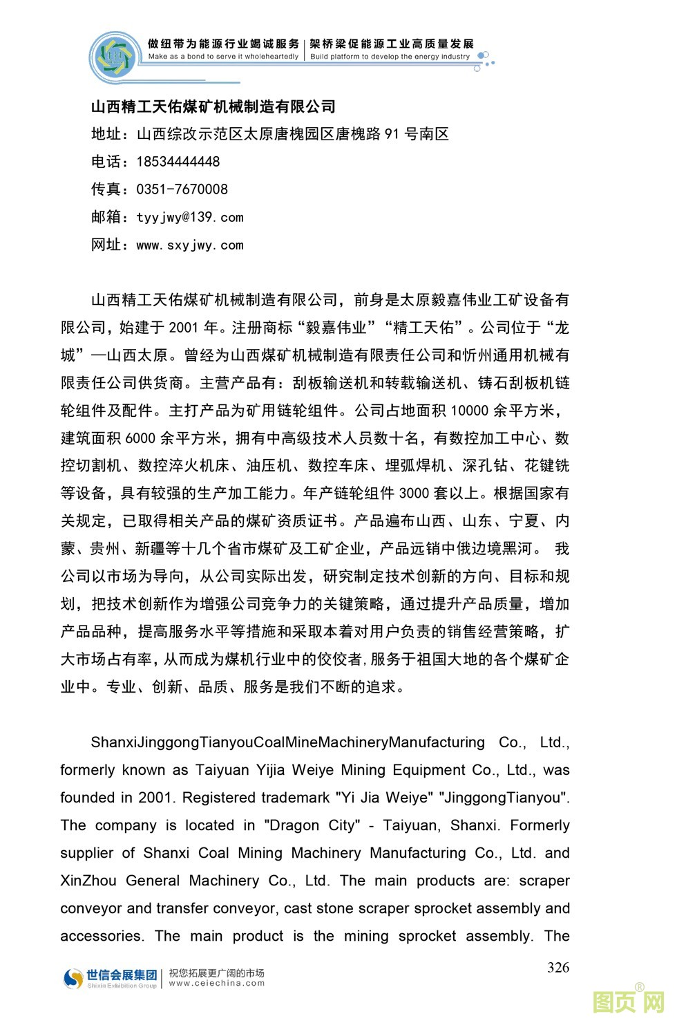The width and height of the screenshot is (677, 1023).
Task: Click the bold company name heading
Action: [213, 106]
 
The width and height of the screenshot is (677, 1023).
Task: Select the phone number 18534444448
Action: [178, 162]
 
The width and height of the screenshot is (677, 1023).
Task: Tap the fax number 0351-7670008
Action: [182, 189]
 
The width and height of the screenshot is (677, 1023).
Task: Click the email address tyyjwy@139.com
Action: [190, 217]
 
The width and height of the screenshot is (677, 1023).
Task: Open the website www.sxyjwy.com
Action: [190, 245]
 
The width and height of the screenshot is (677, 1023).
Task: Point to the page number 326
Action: [558, 967]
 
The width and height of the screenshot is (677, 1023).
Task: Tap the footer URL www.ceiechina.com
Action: [217, 983]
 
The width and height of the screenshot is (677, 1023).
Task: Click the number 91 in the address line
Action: [392, 134]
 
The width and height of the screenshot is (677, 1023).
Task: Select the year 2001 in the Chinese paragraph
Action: [183, 328]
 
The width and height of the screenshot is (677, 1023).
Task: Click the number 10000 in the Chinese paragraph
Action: [469, 411]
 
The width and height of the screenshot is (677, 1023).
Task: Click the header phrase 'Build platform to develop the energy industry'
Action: [390, 57]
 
